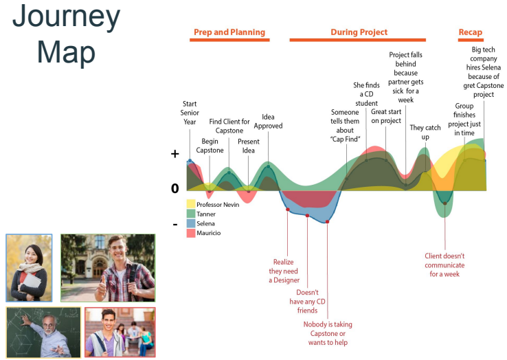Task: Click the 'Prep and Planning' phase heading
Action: pyautogui.click(x=229, y=32)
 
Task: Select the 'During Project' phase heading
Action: pyautogui.click(x=359, y=32)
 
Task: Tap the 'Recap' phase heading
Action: pyautogui.click(x=471, y=32)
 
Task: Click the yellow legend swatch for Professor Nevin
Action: pyautogui.click(x=191, y=205)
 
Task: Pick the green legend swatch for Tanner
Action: pyautogui.click(x=191, y=214)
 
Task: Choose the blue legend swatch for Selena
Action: pyautogui.click(x=191, y=224)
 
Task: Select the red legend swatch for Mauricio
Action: pyautogui.click(x=191, y=234)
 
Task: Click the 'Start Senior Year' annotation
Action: pyautogui.click(x=190, y=113)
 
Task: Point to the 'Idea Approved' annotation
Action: pyautogui.click(x=268, y=121)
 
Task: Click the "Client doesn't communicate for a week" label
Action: pyautogui.click(x=444, y=265)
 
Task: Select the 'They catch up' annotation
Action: pyautogui.click(x=425, y=133)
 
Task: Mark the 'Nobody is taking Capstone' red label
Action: pyautogui.click(x=328, y=333)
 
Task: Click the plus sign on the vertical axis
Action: pyautogui.click(x=174, y=155)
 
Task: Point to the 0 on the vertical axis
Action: pyautogui.click(x=174, y=188)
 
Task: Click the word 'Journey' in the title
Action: pyautogui.click(x=66, y=16)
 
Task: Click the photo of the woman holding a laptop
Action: pyautogui.click(x=29, y=268)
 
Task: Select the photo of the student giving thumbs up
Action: pyautogui.click(x=108, y=268)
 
